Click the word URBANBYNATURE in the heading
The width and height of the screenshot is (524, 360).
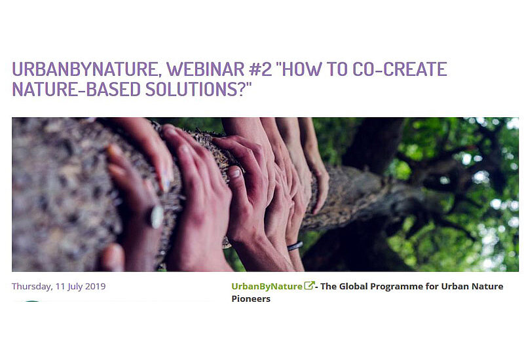tap(84, 69)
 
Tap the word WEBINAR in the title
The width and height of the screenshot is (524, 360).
tap(206, 69)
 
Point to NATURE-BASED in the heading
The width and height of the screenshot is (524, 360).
tap(76, 89)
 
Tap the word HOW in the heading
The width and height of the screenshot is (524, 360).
tap(303, 69)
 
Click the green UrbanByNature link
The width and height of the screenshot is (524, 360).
tap(267, 287)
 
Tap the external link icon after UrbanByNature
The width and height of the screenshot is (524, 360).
tap(309, 286)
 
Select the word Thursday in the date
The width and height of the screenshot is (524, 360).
tap(31, 287)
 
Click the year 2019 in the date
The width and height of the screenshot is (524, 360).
tap(95, 286)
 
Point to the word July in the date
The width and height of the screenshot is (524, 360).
tap(75, 287)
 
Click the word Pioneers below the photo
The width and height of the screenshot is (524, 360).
tap(251, 299)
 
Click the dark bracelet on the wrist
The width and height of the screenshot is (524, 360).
tap(295, 246)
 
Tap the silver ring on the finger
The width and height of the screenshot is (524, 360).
tap(157, 217)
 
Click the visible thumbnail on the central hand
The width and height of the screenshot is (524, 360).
tap(236, 173)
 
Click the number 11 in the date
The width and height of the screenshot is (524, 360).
tap(60, 287)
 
